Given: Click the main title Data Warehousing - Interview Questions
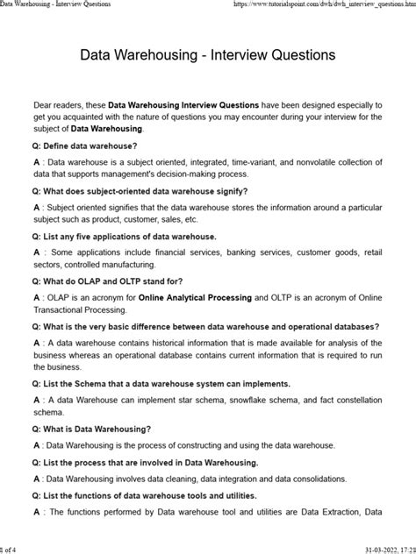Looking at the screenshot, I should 208,54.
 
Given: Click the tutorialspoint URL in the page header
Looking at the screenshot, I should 325,5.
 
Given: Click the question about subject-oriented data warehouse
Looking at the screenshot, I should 140,189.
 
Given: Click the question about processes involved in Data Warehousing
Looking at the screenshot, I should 145,462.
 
